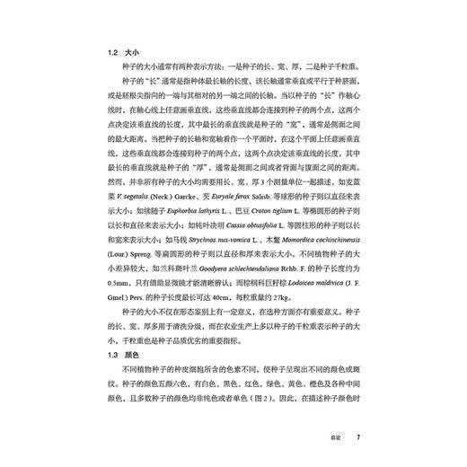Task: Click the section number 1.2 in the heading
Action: tap(108, 53)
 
